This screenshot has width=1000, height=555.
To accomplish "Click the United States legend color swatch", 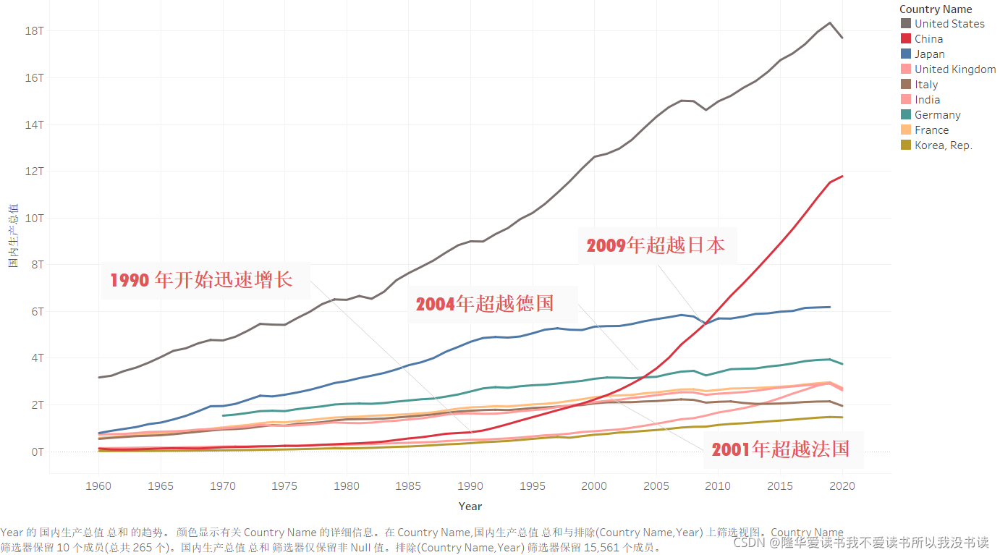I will tap(905, 24).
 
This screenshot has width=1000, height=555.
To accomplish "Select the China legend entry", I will tap(928, 39).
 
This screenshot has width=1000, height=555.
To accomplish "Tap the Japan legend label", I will tap(929, 54).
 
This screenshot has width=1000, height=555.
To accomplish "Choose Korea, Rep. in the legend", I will tap(943, 145).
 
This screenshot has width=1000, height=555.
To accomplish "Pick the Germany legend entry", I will tap(937, 115).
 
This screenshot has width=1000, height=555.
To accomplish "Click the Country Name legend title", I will tap(936, 9).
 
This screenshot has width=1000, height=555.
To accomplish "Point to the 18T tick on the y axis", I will tap(35, 31).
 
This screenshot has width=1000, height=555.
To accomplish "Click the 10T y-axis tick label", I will tap(35, 218).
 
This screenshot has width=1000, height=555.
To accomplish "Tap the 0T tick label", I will tap(37, 452).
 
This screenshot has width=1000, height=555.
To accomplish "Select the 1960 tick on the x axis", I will tap(99, 486).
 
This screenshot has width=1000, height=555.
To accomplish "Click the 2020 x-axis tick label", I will tap(842, 486).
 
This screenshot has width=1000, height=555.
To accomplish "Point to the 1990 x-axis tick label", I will tap(470, 486).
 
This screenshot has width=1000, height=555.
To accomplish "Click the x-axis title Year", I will tap(470, 507).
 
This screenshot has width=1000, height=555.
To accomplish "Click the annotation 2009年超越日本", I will tap(656, 245).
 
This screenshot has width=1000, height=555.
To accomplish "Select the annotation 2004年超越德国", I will tap(485, 303).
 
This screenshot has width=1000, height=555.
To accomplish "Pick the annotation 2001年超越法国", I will tap(780, 449).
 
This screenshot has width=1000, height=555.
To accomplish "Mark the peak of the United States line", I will tap(830, 22).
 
